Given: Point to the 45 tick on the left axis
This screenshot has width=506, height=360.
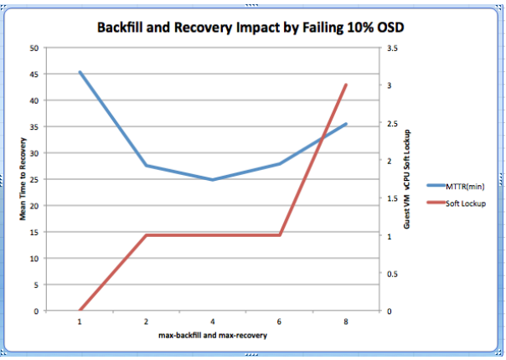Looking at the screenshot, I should pos(34,74).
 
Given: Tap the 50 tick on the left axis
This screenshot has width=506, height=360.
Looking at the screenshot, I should pos(34,48).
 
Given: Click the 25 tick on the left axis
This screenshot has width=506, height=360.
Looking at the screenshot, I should pos(34,179).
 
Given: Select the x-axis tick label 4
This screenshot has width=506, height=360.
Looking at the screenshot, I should pos(213,321).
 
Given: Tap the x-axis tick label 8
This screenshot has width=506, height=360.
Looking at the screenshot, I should pos(346,321).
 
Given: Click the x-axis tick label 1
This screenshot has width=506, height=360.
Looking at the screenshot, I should pos(80,321).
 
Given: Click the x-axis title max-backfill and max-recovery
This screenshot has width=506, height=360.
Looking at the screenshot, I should pos(213,335).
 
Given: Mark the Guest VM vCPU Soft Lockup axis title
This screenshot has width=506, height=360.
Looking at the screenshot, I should pos(408,179).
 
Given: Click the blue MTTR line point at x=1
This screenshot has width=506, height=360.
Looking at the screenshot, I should pos(80,72).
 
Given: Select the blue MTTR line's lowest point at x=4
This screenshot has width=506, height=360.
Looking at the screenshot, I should pos(213,179).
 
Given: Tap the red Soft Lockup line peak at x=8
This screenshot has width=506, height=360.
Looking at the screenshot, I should pos(346,85).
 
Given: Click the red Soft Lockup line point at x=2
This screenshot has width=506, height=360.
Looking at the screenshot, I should pos(147,235).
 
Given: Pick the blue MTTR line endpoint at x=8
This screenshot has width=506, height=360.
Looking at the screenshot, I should pos(346,124).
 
